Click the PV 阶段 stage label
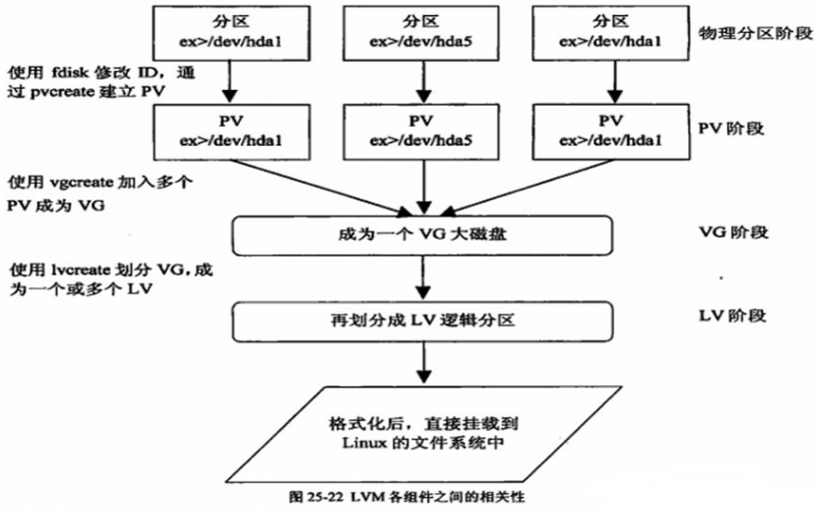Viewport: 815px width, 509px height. pos(732,131)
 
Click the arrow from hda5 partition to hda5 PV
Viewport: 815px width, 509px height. pos(418,82)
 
